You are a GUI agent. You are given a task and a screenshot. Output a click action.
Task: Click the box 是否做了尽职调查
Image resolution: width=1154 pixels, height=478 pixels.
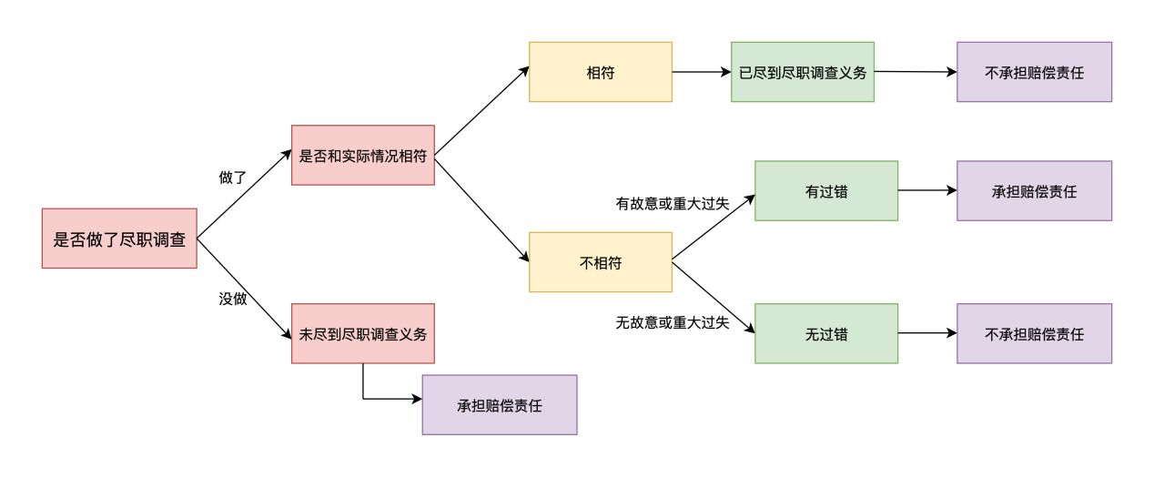119,239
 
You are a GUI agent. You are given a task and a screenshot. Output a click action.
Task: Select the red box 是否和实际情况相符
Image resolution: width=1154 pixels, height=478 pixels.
362,156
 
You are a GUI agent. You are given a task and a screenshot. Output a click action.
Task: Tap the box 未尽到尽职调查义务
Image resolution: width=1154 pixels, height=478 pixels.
362,333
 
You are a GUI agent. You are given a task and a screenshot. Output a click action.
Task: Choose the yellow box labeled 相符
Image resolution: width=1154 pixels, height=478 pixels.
601,72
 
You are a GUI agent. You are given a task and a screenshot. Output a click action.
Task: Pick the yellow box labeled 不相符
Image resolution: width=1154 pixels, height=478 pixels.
601,262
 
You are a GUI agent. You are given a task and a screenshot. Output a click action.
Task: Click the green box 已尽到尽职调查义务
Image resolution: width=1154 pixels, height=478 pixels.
802,72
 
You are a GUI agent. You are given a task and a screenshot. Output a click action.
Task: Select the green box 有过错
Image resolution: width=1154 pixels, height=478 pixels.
826,191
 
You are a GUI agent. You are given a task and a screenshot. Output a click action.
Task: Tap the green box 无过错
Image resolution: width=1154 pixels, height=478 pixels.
826,333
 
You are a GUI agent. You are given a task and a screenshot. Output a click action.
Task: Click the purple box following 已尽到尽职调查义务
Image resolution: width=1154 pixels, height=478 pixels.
1034,72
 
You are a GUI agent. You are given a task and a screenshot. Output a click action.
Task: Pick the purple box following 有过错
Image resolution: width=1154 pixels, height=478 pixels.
1034,191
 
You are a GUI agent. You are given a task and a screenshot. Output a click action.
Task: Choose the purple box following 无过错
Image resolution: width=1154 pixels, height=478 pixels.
1034,333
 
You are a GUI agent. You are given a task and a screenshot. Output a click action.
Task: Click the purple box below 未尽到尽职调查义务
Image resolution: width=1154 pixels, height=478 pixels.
499,405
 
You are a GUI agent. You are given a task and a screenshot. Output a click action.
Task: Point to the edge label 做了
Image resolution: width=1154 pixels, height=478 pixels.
233,177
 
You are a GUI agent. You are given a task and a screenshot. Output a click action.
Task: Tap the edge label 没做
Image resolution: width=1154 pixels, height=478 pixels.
233,298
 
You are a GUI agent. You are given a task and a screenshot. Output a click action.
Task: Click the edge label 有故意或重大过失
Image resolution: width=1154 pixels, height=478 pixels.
673,203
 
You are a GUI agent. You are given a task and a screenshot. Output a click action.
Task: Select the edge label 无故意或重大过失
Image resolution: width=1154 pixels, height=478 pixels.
673,322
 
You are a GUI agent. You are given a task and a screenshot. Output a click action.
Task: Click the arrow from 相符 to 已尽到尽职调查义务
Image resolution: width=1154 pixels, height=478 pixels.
701,72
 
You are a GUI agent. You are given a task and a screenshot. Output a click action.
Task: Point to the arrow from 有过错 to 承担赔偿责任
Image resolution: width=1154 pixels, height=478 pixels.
927,191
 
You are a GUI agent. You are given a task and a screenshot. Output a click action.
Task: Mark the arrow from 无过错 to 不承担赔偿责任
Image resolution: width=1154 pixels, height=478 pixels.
927,333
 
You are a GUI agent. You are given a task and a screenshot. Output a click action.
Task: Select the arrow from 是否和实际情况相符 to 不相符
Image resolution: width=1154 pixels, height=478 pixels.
481,209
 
